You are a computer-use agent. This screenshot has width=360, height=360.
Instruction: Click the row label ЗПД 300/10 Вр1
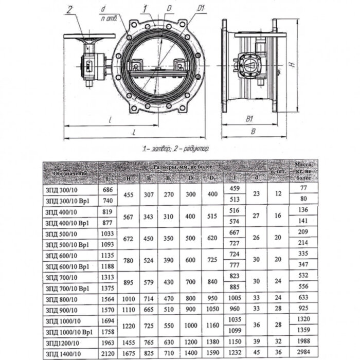click(66, 199)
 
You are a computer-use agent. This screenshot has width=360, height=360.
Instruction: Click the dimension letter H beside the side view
click(291, 65)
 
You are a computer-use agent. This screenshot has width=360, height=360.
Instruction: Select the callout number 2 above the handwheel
click(70, 9)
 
